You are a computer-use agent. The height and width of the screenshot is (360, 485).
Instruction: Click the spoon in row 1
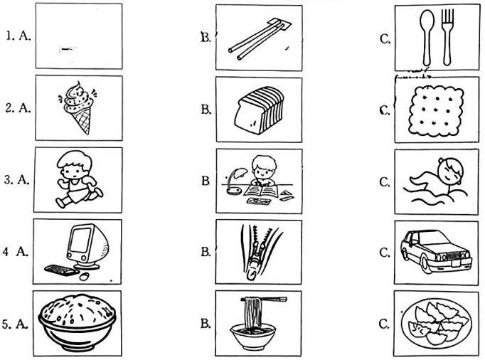(x=427, y=37)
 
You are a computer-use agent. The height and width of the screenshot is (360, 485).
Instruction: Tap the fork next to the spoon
(x=447, y=37)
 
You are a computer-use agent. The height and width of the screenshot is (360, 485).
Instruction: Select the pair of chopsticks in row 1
(x=260, y=38)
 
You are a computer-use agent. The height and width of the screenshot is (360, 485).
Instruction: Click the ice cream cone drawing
(x=79, y=107)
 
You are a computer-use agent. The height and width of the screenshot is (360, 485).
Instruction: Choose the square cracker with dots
(x=436, y=111)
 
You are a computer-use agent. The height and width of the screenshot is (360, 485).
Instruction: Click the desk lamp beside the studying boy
(x=236, y=181)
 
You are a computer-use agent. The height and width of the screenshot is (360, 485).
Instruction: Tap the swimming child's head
(x=450, y=171)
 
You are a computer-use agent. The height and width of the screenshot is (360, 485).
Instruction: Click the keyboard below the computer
(x=62, y=270)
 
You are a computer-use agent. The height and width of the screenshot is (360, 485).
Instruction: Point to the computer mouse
(x=84, y=276)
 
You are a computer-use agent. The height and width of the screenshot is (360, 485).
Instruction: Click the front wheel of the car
(x=426, y=265)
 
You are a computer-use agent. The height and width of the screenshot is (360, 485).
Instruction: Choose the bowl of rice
(x=77, y=322)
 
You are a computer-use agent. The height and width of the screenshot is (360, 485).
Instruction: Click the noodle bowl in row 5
(x=253, y=337)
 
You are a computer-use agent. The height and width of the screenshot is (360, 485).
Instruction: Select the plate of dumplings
(x=437, y=324)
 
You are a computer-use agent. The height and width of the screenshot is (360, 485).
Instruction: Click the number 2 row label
(x=9, y=108)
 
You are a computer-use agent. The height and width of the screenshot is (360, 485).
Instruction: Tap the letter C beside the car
(x=384, y=253)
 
